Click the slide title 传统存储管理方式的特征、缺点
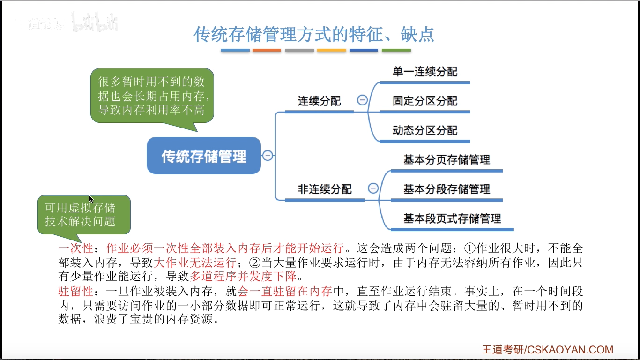[x=314, y=34]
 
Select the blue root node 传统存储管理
[x=204, y=156]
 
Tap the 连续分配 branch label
[x=320, y=101]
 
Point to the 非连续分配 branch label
[x=325, y=189]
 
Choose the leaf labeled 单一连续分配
[x=425, y=72]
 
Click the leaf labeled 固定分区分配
[x=425, y=101]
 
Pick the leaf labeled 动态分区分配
[x=425, y=130]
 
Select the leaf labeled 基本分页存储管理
[x=447, y=159]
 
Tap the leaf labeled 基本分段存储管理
[x=447, y=189]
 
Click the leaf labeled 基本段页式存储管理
[x=452, y=218]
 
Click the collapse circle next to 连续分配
[x=362, y=100]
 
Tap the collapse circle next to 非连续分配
[x=373, y=188]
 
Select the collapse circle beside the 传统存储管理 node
[x=268, y=155]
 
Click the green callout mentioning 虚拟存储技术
[x=84, y=215]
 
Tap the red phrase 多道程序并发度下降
[x=243, y=276]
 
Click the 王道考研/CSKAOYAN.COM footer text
[x=548, y=350]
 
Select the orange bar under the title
[x=267, y=50]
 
